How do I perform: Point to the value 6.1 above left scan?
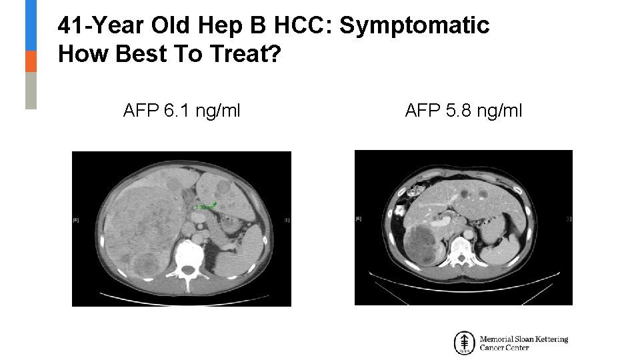point(175,110)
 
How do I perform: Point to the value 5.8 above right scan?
point(457,110)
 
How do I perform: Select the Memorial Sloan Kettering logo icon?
point(464,343)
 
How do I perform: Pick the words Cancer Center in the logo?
point(504,348)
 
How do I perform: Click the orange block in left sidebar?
point(31,61)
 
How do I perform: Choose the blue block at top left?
point(31,25)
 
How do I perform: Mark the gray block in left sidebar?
point(31,90)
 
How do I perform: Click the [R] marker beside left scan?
point(75,219)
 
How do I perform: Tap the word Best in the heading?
point(137,55)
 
